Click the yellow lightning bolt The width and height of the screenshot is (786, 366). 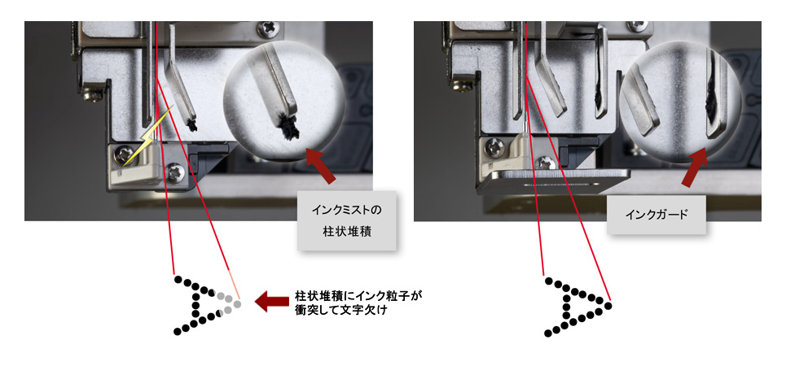(x=148, y=134)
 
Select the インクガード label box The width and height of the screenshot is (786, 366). (x=656, y=215)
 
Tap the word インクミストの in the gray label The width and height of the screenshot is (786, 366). (x=346, y=210)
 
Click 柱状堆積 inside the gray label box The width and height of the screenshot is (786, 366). (x=346, y=233)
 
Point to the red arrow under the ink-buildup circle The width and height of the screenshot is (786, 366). (x=321, y=165)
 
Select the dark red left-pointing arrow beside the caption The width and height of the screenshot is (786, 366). (x=272, y=302)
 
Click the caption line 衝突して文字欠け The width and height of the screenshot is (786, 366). (x=342, y=310)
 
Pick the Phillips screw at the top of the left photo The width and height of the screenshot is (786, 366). (x=268, y=28)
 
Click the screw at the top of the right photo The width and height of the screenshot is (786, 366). (x=637, y=25)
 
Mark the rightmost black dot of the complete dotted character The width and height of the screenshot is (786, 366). (x=609, y=304)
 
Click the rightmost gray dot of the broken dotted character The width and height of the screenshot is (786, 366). (x=238, y=304)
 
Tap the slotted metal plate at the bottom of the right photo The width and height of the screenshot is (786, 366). (x=552, y=181)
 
